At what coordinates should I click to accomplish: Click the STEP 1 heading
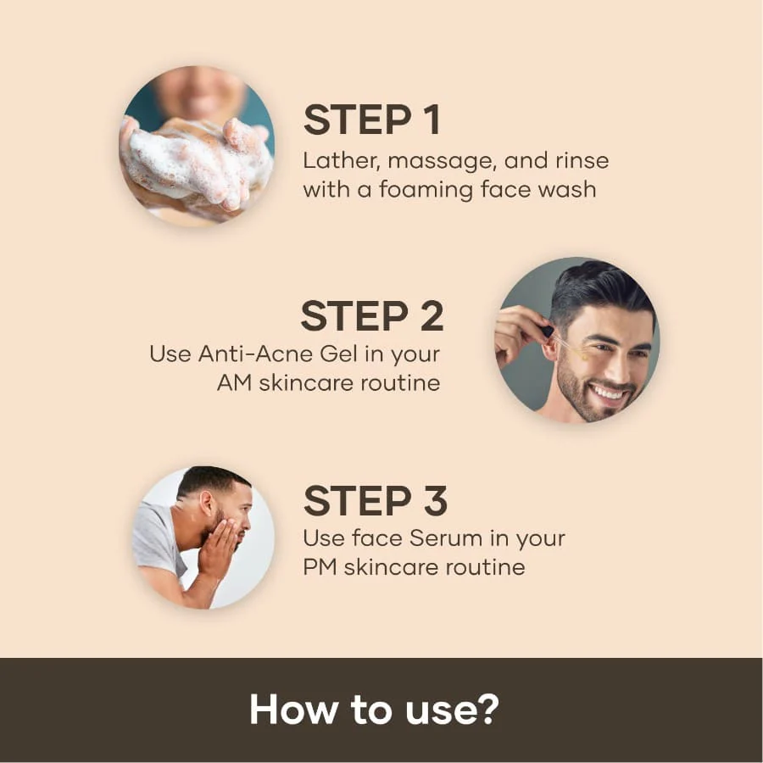[x=372, y=120]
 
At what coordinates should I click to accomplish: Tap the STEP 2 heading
[x=372, y=316]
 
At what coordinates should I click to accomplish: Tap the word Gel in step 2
[x=326, y=354]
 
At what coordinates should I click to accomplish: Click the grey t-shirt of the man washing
[x=157, y=538]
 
